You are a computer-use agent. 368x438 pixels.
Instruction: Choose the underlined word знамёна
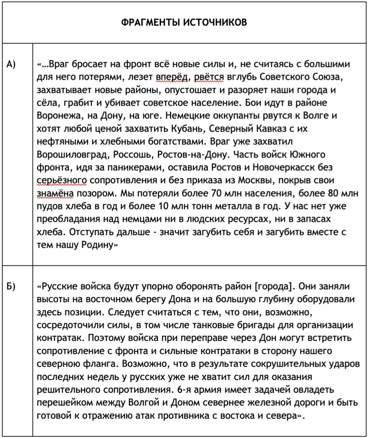[x=55, y=193]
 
